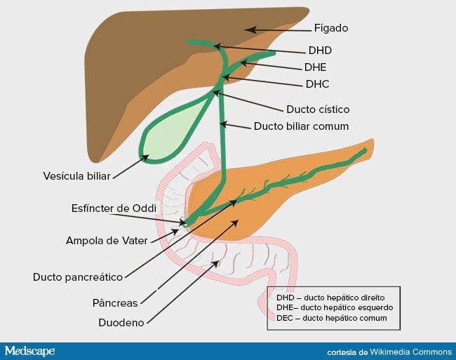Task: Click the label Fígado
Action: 331,28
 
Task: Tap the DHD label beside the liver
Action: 320,51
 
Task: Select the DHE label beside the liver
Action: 315,67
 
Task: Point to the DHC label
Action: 317,84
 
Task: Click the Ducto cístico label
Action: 318,109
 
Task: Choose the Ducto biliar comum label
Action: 301,126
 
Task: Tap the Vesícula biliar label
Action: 76,176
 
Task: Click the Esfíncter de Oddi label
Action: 114,208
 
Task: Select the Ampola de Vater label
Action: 107,241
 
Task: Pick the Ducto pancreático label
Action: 78,277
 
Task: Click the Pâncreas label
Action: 115,303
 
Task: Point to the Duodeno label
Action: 121,323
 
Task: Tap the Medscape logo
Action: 29,352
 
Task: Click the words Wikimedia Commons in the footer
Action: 410,352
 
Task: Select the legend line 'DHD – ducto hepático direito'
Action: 330,298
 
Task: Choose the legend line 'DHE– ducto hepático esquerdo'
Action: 335,307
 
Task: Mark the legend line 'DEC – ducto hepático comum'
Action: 332,318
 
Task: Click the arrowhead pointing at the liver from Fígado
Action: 250,29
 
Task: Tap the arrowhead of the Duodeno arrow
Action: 216,263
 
